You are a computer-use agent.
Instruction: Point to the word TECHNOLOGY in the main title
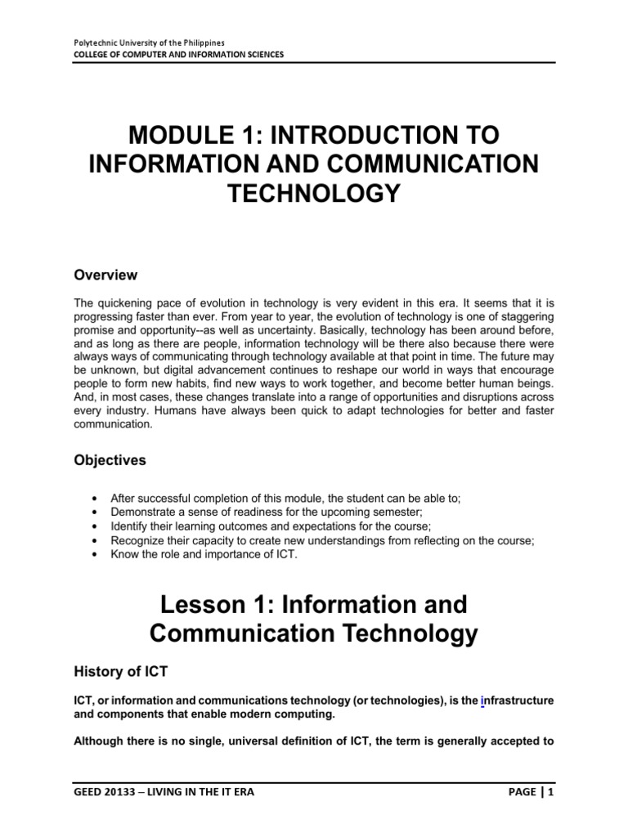click(x=313, y=193)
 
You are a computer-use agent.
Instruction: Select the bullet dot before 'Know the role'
click(x=97, y=555)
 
